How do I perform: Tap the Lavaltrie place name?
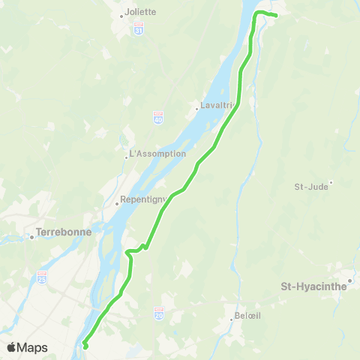pyautogui.click(x=214, y=106)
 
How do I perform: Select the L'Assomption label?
pyautogui.click(x=157, y=154)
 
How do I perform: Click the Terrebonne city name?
pyautogui.click(x=64, y=232)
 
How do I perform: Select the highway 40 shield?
pyautogui.click(x=169, y=118)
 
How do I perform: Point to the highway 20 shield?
pyautogui.click(x=158, y=310)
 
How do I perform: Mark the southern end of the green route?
pyautogui.click(x=85, y=346)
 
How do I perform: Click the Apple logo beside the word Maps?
pyautogui.click(x=12, y=347)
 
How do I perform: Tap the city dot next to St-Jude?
pyautogui.click(x=331, y=181)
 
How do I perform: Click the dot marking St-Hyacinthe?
pyautogui.click(x=349, y=281)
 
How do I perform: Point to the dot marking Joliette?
pyautogui.click(x=121, y=15)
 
